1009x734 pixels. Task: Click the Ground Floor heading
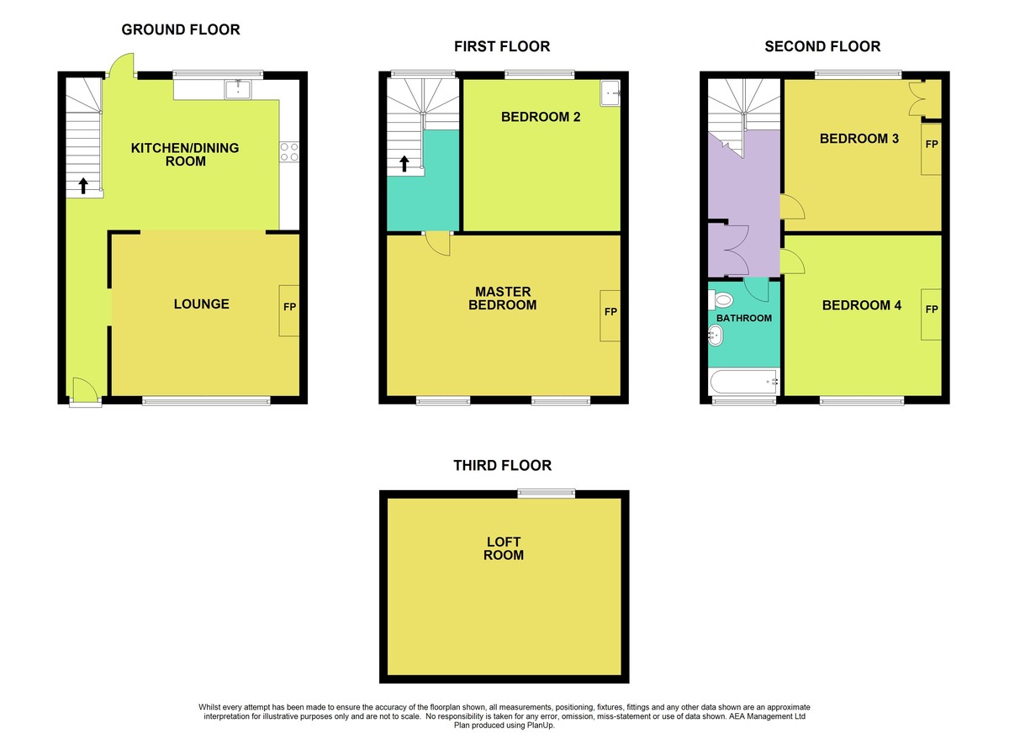point(181,29)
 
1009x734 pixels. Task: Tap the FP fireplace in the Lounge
point(289,311)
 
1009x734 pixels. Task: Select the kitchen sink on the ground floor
point(238,90)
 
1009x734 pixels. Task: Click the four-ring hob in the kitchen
point(289,151)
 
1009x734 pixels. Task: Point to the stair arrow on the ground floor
point(83,186)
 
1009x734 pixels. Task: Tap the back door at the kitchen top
point(122,66)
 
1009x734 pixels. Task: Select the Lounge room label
point(201,304)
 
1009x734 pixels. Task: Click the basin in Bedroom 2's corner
point(610,93)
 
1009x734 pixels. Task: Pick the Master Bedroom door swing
point(438,244)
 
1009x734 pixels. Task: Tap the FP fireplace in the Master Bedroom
point(610,315)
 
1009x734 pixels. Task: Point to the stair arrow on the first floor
point(404,164)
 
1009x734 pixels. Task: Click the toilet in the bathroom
point(721,299)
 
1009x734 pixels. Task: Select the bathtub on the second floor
point(744,382)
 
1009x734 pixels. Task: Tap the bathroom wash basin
point(716,335)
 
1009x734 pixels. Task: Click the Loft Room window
point(547,494)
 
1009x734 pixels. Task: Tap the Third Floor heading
point(502,465)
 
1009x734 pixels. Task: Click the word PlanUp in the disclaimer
point(540,726)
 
